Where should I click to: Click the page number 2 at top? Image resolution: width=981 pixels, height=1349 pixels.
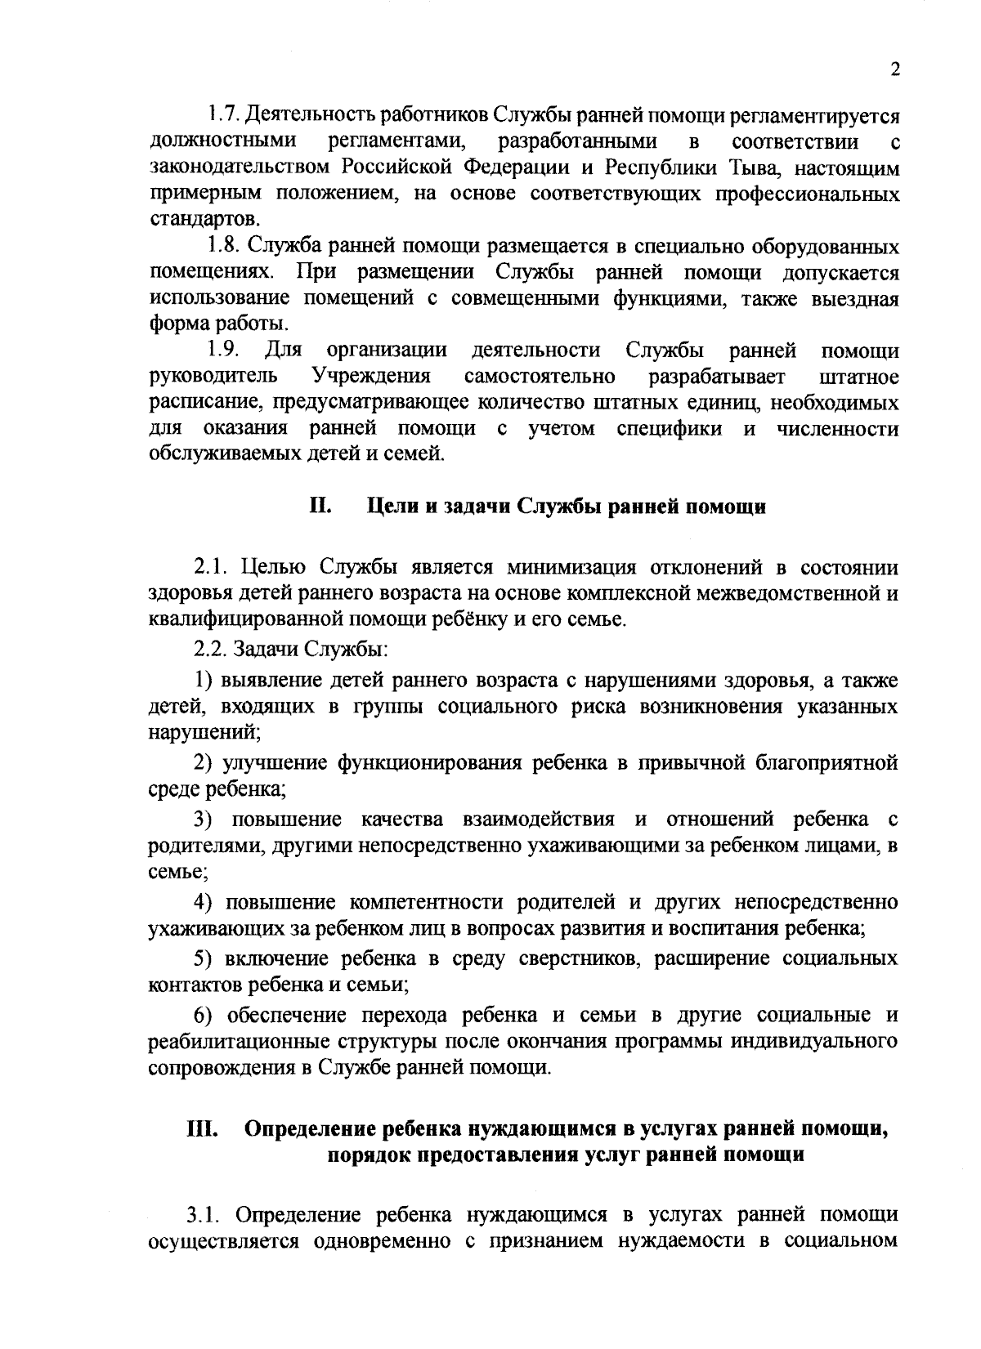point(894,70)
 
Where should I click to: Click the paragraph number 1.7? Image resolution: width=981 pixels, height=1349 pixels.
point(220,114)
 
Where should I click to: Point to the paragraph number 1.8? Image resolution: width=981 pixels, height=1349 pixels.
point(220,246)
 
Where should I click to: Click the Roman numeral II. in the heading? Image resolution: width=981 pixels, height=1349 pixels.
point(320,506)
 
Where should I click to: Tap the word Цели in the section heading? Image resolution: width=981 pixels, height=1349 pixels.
point(392,507)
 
